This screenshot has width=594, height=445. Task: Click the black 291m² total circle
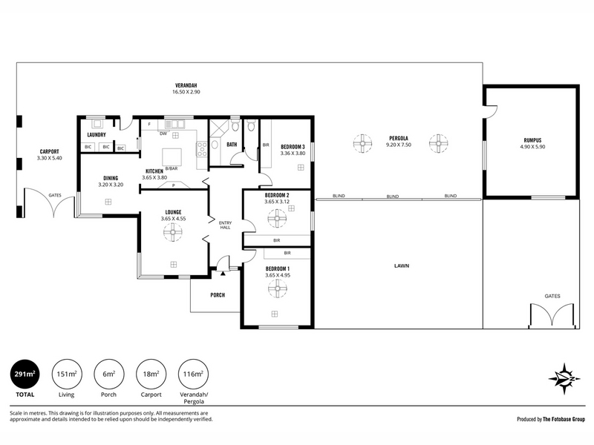tap(25, 374)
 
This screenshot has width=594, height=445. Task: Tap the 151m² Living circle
tap(67, 374)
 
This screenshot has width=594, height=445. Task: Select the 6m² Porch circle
tap(108, 374)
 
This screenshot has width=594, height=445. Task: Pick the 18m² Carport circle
tap(151, 374)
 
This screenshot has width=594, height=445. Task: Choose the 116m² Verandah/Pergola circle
tap(193, 374)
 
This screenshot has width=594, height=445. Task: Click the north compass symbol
tap(564, 379)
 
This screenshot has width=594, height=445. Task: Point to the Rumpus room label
tap(532, 140)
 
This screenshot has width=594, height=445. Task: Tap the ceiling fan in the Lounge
tap(173, 232)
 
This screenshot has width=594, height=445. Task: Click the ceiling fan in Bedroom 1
tap(278, 289)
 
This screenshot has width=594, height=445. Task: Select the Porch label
tap(218, 294)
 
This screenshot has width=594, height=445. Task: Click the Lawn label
tap(402, 266)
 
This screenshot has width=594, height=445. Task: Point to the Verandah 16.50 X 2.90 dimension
tap(186, 91)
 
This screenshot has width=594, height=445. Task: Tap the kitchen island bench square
tap(172, 156)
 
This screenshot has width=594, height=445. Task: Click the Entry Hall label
tap(226, 225)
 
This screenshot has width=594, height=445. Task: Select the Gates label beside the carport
tap(55, 195)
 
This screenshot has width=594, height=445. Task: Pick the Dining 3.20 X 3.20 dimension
tap(111, 185)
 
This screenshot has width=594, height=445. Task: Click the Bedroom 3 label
tap(293, 146)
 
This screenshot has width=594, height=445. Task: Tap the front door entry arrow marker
tap(223, 272)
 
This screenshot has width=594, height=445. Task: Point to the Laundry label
tap(97, 135)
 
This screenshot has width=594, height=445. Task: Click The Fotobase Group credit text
tap(564, 419)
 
